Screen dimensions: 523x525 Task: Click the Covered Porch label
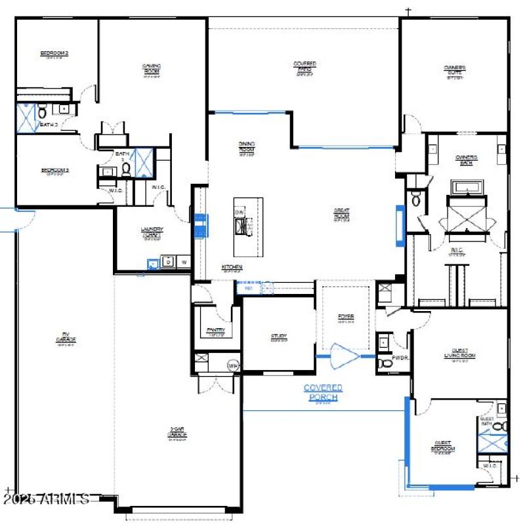tap(323, 392)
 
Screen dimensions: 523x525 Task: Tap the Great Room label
tap(342, 215)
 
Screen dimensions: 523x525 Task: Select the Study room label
tap(279, 338)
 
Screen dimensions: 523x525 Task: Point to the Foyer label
tap(346, 318)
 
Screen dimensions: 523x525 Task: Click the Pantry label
tap(217, 331)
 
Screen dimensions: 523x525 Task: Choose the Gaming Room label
tap(152, 69)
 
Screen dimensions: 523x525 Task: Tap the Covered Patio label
tap(304, 68)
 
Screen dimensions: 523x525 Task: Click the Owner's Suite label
tap(455, 71)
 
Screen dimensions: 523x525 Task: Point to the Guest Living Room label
tap(459, 354)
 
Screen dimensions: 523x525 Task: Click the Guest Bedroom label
tap(443, 447)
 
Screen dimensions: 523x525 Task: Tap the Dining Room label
tap(246, 148)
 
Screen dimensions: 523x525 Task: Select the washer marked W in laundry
tap(184, 262)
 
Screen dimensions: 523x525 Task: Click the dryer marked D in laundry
tap(168, 262)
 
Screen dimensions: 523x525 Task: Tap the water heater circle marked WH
tap(232, 365)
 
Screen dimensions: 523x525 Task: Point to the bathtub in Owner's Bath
tap(467, 188)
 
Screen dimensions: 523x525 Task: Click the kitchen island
tap(249, 226)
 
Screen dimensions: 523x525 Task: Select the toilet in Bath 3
tap(42, 112)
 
